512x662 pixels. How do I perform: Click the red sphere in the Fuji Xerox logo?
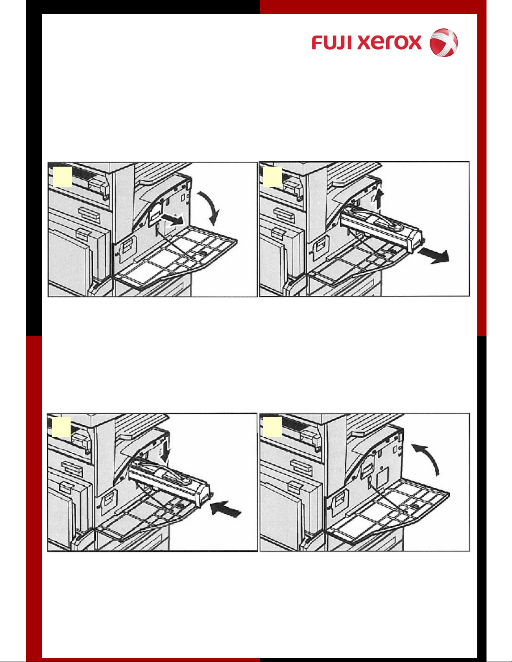pos(443,42)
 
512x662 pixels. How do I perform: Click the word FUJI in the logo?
pos(333,42)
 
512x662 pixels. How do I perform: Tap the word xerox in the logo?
pos(390,42)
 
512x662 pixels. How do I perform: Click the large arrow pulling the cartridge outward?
pos(433,256)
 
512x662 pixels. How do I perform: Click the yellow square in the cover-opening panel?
pos(62,177)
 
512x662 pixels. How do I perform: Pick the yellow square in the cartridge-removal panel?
pos(272,177)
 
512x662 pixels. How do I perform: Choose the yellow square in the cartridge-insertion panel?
pos(61,427)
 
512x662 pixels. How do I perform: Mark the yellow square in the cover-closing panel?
pos(272,427)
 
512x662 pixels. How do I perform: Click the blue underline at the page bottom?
pos(83,658)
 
